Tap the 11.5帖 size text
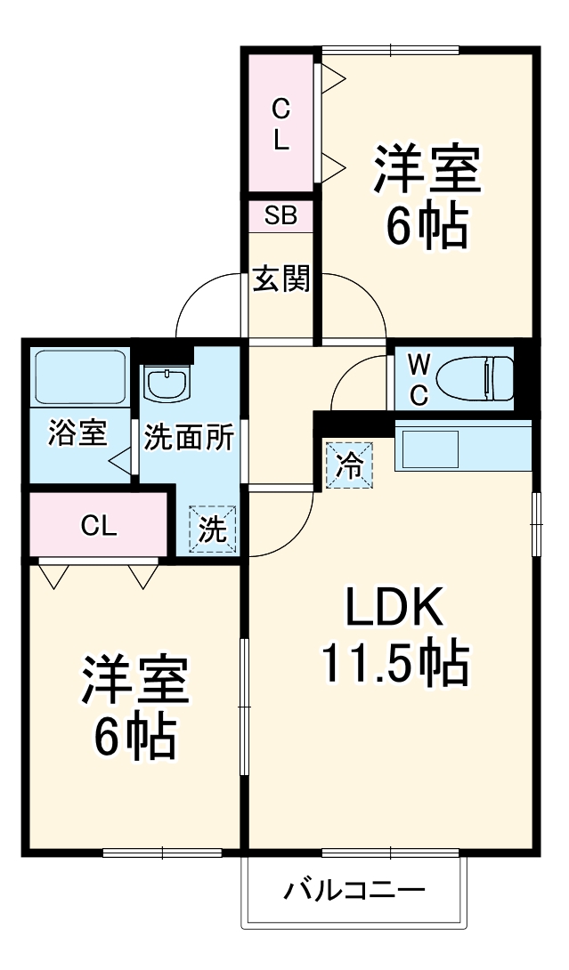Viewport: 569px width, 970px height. coord(394,663)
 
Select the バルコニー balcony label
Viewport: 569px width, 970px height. coord(354,890)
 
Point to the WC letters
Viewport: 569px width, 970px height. coord(419,378)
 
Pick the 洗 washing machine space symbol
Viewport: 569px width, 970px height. coord(212,529)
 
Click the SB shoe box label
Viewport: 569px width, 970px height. coord(280,216)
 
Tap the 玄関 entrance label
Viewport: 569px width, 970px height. coord(280,279)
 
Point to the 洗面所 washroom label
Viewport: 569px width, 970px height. coord(189,438)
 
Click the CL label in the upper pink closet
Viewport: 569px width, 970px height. coord(280,125)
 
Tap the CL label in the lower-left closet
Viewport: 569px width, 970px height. coord(98,526)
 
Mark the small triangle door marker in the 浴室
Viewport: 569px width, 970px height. coord(121,460)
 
